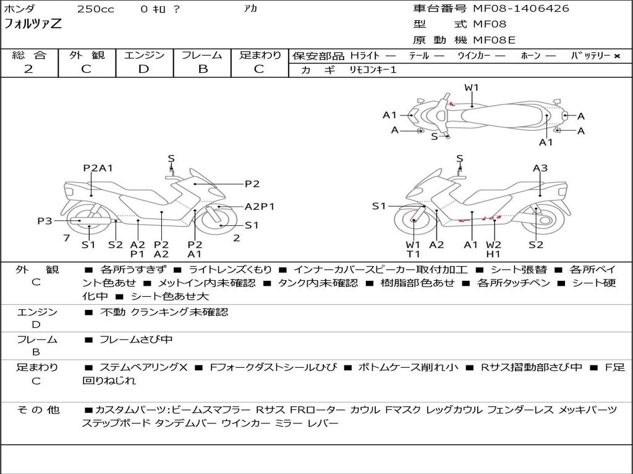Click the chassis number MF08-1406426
(x=521, y=9)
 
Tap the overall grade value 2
(x=28, y=69)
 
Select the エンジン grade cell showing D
(x=143, y=69)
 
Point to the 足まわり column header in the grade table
(x=260, y=55)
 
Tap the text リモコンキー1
(x=368, y=70)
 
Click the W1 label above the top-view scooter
(x=472, y=88)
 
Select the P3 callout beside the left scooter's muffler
(x=45, y=220)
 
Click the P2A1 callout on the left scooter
(x=98, y=168)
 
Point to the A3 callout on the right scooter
(x=540, y=168)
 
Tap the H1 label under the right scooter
(x=493, y=254)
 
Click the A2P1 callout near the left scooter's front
(x=260, y=207)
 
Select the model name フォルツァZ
(x=32, y=25)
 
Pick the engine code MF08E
(x=495, y=40)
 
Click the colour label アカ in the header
(x=251, y=9)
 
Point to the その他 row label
(x=38, y=410)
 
